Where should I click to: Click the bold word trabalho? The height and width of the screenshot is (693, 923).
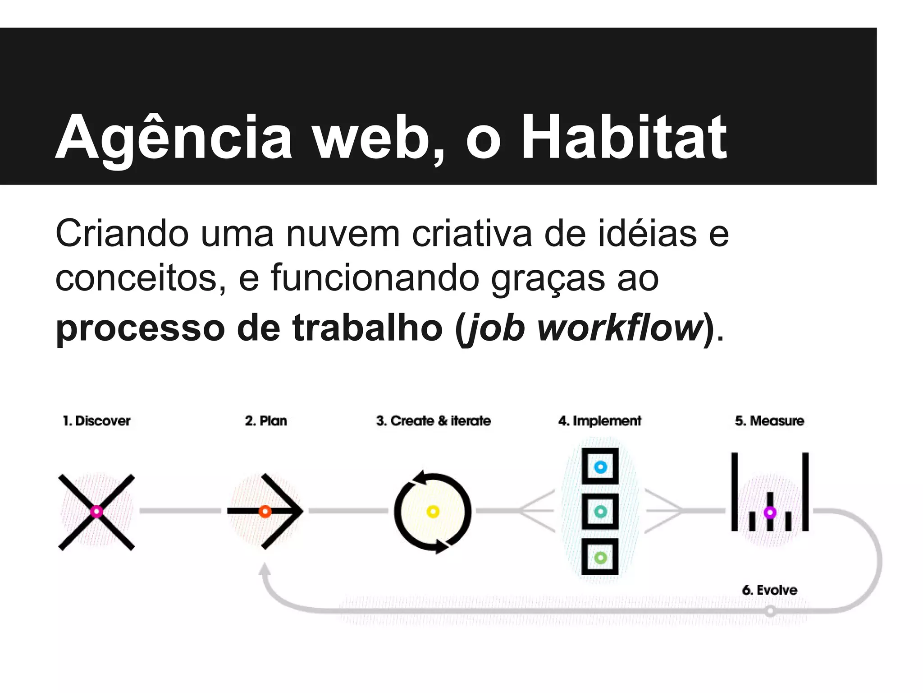(x=367, y=328)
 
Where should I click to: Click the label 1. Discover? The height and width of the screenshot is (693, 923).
(x=96, y=421)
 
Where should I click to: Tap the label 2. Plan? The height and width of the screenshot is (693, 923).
(x=266, y=421)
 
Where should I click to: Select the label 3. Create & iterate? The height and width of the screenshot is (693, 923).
(x=433, y=421)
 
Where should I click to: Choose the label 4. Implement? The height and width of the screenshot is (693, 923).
(x=599, y=421)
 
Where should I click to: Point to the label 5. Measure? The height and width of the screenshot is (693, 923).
(x=769, y=421)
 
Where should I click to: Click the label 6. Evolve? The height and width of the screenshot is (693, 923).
(x=769, y=590)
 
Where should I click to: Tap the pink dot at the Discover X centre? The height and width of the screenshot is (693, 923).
(x=96, y=512)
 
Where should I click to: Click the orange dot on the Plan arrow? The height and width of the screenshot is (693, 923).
(x=265, y=512)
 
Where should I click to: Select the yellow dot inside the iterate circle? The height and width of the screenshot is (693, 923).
(x=433, y=512)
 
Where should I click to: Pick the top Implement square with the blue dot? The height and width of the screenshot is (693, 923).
(x=600, y=467)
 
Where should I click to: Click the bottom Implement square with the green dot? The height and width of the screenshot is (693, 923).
(x=600, y=558)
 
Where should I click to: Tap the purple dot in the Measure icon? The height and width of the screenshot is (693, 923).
(x=770, y=513)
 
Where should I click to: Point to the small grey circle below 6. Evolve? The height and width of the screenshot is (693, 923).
(x=770, y=611)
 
